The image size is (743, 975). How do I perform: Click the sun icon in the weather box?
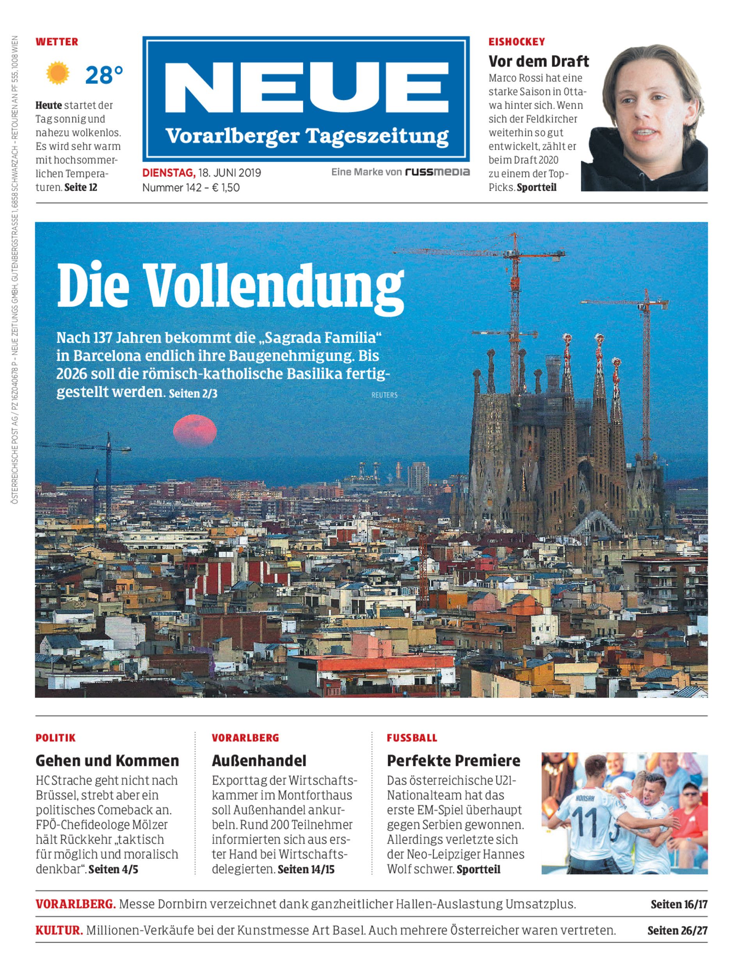pos(57,73)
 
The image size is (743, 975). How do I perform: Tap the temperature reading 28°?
pos(104,75)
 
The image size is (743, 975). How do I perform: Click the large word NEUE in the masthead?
pos(306,88)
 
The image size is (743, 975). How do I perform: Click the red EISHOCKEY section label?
pos(516,42)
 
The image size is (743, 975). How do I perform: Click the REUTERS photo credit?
pos(384,395)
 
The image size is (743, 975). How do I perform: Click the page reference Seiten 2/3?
pos(193,394)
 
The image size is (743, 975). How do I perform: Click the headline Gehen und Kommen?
pos(107,760)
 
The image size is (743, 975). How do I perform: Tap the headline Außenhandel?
pos(259,760)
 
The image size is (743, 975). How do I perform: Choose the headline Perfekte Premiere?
pos(453,760)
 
